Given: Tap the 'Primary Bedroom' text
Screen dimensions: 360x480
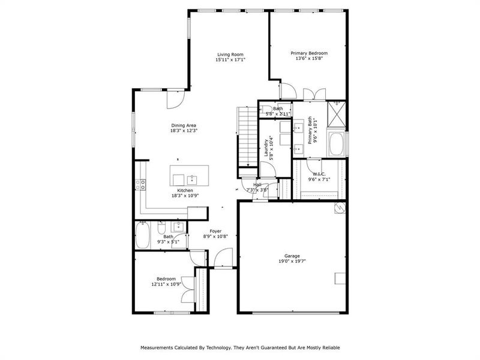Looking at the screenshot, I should coord(309,53).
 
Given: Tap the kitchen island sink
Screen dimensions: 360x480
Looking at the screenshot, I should coord(192,179).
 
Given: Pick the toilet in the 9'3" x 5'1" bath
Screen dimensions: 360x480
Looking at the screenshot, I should coord(161,227).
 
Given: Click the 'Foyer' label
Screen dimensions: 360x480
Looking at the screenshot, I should coord(215,231).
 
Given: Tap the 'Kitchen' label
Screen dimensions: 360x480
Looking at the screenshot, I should coord(185,190).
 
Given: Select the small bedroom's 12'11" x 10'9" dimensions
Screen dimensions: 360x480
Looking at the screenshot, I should coord(166,284).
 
